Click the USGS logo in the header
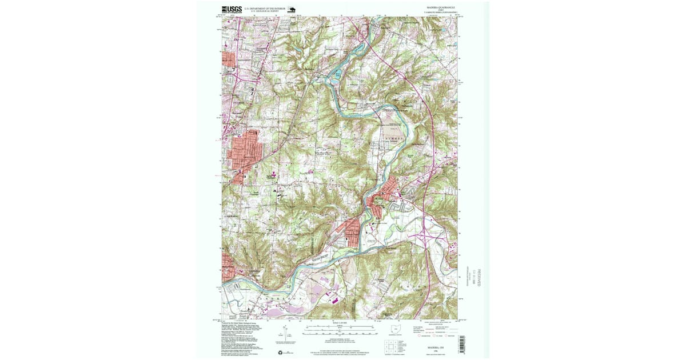pyautogui.click(x=232, y=9)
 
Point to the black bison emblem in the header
pyautogui.click(x=290, y=9)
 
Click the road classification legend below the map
pyautogui.click(x=437, y=330)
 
